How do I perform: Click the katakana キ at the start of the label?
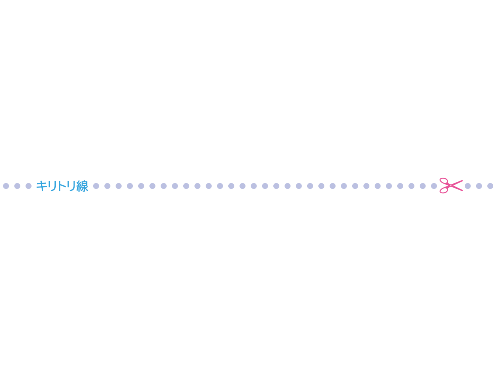pos(41,186)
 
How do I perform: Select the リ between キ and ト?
pos(53,186)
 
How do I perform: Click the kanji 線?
pos(82,186)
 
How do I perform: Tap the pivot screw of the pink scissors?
pos(451,185)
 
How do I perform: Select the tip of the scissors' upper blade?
pos(462,181)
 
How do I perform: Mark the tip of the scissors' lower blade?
pos(462,191)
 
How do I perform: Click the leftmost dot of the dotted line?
pos(6,186)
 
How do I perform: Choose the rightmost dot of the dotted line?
pos(490,186)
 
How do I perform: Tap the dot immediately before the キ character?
pos(29,186)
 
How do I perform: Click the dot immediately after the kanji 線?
pos(96,186)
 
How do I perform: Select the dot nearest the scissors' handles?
pos(434,186)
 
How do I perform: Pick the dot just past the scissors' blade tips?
pos(467,186)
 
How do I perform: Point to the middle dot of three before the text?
pos(17,186)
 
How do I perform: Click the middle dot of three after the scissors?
pos(479,186)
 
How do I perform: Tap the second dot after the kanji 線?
pos(107,186)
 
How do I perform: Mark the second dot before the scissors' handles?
pos(422,186)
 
